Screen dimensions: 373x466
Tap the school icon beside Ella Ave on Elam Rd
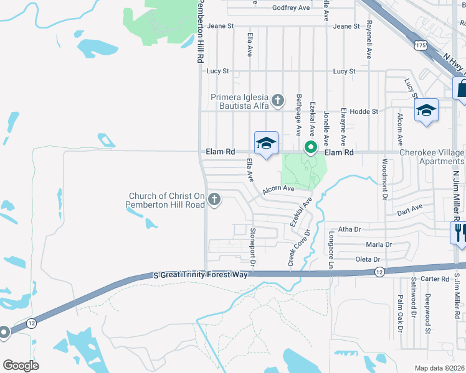click(266, 144)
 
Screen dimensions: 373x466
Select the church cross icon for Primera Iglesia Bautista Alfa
click(278, 99)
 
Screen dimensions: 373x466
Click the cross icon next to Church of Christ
click(214, 200)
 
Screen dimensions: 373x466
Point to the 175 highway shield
click(420, 45)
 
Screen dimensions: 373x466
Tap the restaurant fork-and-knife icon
click(459, 233)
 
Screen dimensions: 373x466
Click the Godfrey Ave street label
click(291, 8)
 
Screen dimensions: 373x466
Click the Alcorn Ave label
click(278, 188)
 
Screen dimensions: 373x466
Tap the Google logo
click(21, 366)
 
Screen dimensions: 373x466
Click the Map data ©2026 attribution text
click(439, 368)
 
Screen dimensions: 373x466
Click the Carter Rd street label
click(435, 279)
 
